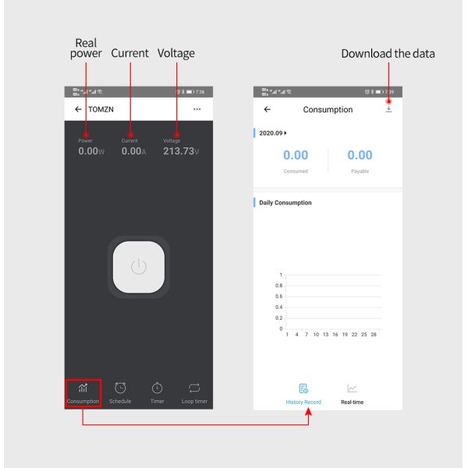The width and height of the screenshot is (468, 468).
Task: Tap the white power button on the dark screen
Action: click(138, 266)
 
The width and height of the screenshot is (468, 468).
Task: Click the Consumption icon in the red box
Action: click(83, 388)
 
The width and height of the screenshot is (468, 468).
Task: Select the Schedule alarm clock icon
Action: click(120, 388)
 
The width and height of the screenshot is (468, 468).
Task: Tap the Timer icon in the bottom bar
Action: click(157, 388)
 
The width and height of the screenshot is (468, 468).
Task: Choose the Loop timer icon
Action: click(194, 388)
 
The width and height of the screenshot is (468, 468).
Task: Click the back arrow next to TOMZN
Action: click(78, 109)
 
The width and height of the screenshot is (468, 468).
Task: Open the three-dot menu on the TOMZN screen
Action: click(197, 109)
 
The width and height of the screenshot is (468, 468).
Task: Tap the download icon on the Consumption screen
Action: click(388, 109)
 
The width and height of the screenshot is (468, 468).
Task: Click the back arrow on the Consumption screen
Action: click(268, 110)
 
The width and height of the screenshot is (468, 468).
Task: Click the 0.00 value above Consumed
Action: click(296, 155)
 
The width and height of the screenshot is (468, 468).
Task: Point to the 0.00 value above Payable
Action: click(360, 155)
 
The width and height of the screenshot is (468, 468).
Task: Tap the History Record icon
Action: click(303, 388)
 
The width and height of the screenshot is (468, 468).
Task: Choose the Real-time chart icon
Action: click(353, 388)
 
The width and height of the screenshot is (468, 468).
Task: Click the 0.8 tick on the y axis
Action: click(278, 285)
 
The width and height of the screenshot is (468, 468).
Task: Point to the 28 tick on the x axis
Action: click(374, 335)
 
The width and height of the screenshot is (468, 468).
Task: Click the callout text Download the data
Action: click(388, 54)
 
